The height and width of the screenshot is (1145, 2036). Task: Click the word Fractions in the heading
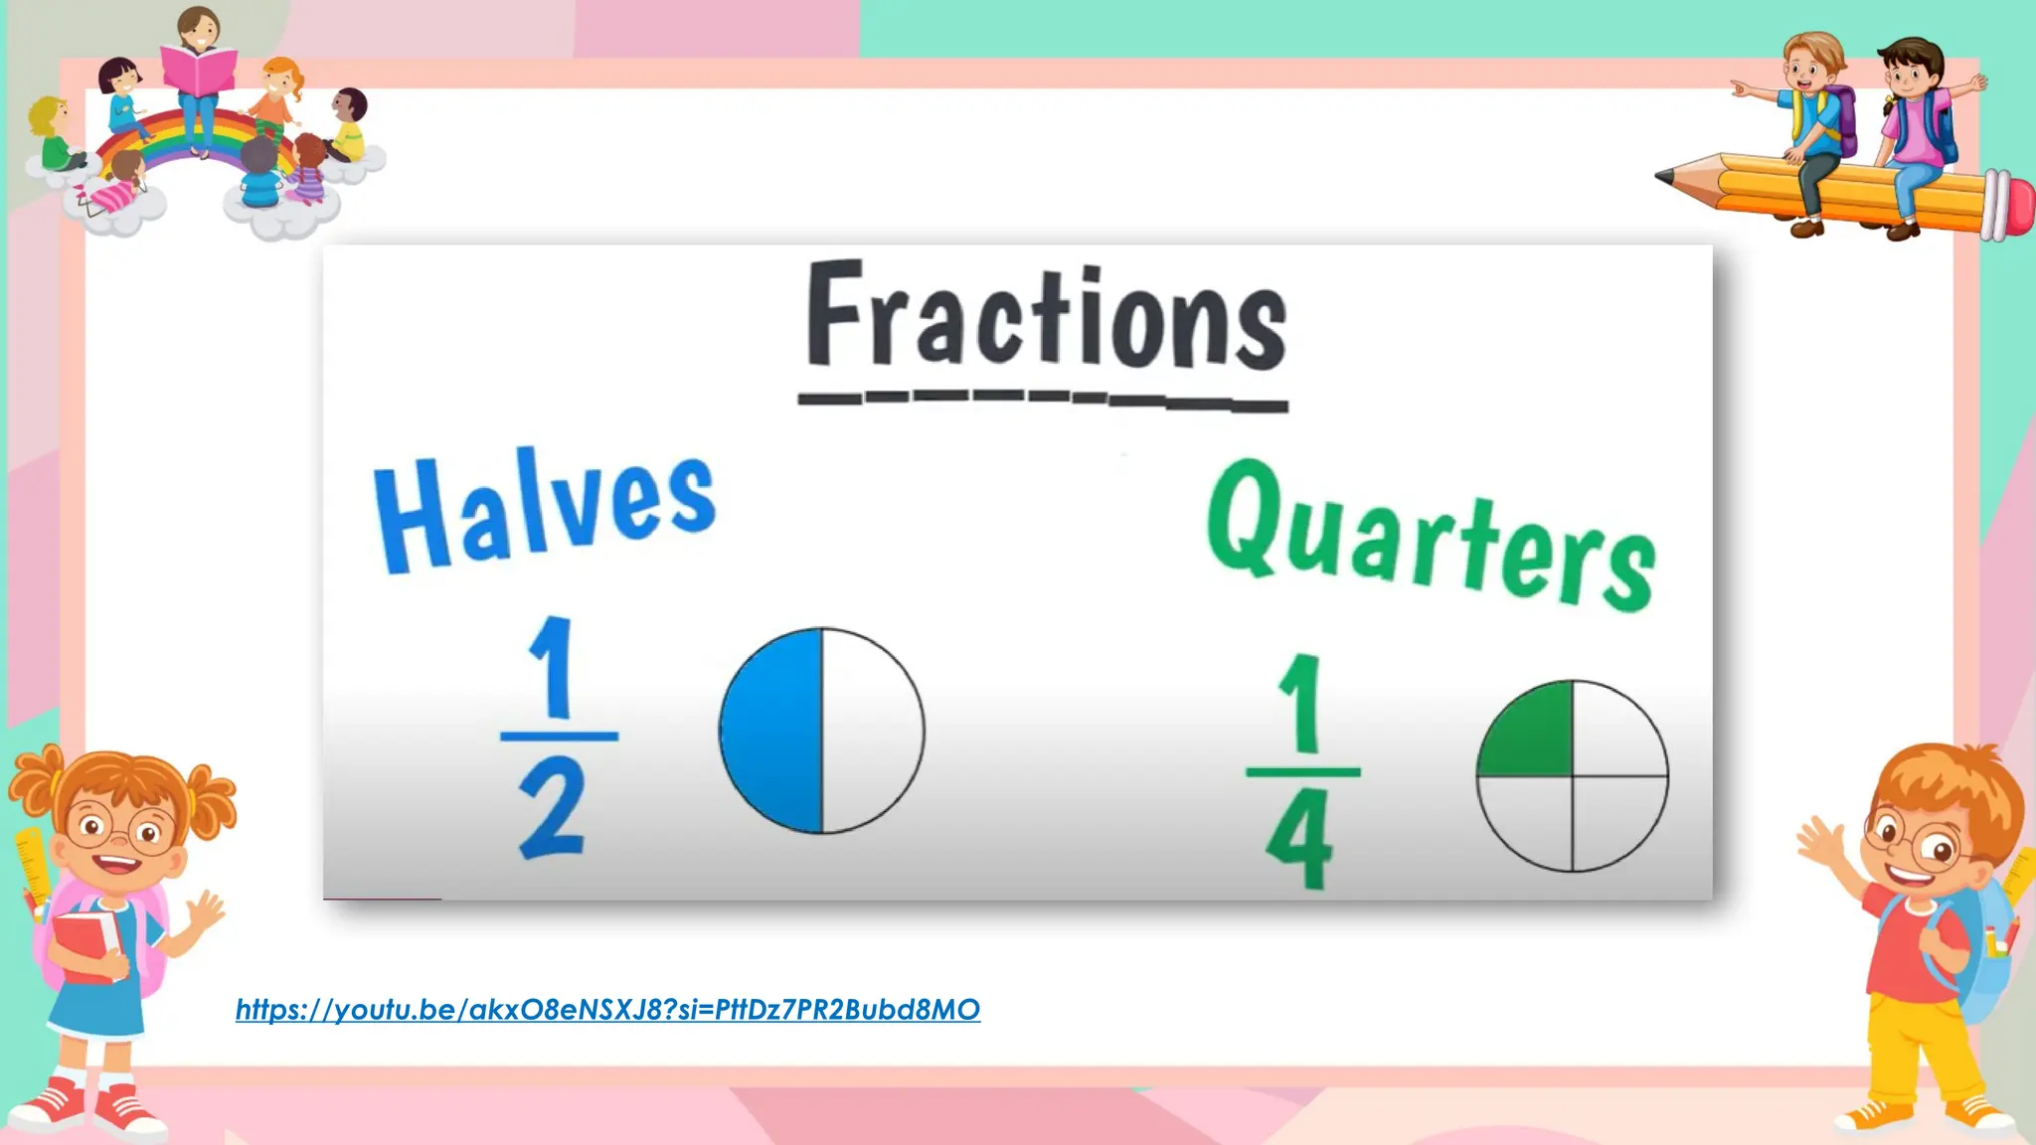1046,316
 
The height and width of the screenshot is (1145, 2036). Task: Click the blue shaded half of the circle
771,731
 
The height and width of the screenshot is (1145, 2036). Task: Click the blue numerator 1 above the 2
553,667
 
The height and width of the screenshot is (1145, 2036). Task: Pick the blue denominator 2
553,806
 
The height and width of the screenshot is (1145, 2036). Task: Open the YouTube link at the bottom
607,1010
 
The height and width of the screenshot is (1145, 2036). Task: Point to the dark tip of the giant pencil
1664,177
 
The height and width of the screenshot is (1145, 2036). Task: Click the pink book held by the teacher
199,70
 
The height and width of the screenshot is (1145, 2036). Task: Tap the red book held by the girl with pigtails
85,944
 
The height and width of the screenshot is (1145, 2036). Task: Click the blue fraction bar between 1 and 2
559,736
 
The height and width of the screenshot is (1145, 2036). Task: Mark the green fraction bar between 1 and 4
1302,772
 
